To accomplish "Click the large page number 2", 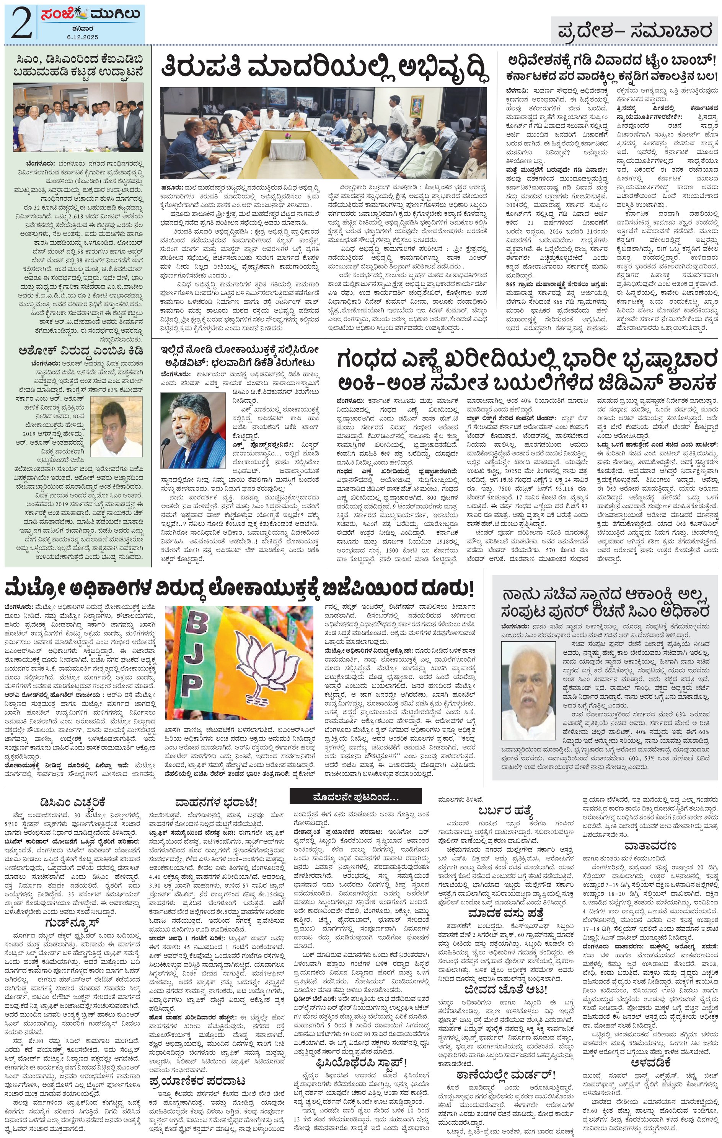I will point(20,24).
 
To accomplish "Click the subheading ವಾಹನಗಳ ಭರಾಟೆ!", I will point(216,802).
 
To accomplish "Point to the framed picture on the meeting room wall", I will point(417,102).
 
